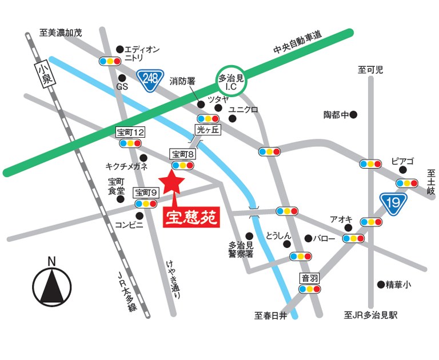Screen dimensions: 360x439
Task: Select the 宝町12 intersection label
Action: tap(130, 133)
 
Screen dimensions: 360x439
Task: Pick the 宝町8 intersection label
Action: tap(183, 154)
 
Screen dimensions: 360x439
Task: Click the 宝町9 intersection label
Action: tap(145, 193)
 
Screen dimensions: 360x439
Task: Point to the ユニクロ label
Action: tap(244, 109)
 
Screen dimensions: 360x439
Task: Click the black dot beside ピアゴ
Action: tap(403, 170)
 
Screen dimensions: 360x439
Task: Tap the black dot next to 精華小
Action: tap(381, 284)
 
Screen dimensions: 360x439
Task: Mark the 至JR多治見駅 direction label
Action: tap(371, 315)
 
